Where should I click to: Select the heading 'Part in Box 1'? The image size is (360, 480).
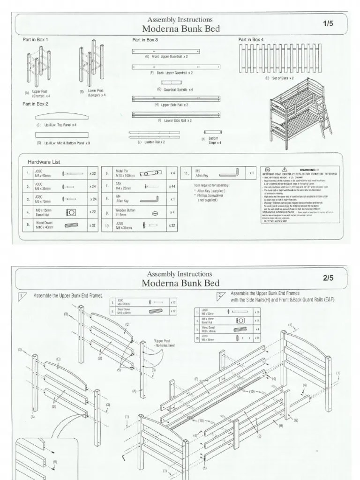[36, 40]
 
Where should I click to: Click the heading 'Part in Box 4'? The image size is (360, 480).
[251, 40]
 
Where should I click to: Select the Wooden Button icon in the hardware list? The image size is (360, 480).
[155, 213]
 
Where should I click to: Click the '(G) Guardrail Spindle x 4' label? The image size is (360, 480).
[175, 89]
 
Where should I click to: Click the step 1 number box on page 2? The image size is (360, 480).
[22, 296]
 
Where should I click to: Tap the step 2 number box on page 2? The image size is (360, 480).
[221, 296]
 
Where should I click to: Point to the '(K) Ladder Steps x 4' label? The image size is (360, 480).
[212, 141]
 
